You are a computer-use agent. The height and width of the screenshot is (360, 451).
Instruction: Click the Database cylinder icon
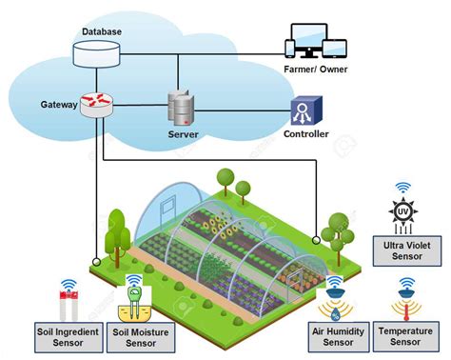click(101, 53)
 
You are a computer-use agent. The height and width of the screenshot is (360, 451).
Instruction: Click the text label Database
click(101, 31)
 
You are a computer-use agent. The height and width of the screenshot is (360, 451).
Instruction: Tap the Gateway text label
click(59, 103)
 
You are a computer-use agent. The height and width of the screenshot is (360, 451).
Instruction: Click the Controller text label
click(306, 134)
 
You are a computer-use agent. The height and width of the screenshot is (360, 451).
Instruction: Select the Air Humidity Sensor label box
click(338, 336)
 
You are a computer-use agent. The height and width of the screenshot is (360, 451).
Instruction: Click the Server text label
click(182, 134)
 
